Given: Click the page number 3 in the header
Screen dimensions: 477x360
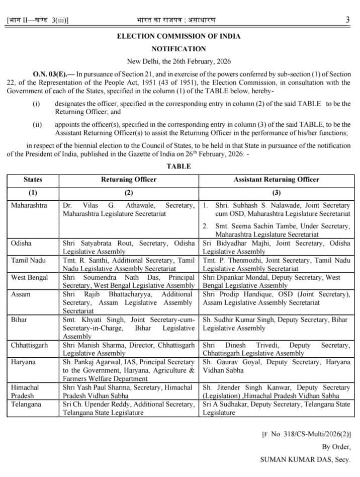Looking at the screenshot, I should click(348, 20).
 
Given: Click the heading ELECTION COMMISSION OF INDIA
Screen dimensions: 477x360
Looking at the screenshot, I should click(178, 36).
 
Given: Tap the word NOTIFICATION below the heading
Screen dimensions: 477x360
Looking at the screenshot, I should click(178, 49).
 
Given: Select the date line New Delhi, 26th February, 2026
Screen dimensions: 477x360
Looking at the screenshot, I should click(178, 61).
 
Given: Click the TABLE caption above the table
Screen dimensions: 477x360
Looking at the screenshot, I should click(178, 167).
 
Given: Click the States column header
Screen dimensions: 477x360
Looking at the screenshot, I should click(33, 179).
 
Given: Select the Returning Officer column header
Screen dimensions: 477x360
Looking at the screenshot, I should click(129, 179).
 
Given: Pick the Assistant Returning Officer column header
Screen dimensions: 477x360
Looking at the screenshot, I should click(276, 179).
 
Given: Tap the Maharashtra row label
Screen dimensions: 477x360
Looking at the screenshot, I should click(29, 206).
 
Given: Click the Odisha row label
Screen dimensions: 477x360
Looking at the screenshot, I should click(21, 243).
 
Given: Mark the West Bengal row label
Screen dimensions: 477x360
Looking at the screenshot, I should click(29, 277).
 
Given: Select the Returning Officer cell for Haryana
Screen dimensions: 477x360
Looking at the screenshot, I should click(129, 370).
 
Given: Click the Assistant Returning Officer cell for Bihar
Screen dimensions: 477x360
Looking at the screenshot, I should click(276, 324).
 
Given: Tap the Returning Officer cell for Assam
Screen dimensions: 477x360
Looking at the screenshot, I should click(129, 302).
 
